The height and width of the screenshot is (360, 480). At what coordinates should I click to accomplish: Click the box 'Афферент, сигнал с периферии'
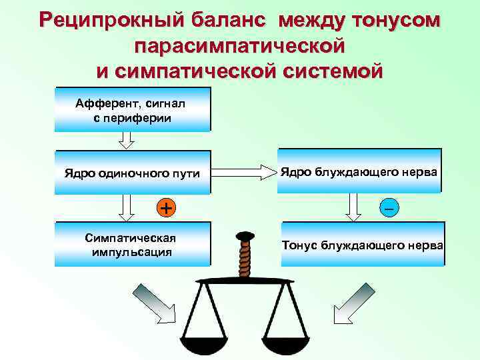pyautogui.click(x=132, y=110)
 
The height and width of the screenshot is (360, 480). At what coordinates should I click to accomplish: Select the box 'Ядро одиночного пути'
pyautogui.click(x=132, y=173)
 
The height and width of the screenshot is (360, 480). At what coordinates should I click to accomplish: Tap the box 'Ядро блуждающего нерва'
pyautogui.click(x=359, y=172)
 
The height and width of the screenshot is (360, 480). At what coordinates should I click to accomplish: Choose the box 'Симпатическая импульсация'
pyautogui.click(x=132, y=245)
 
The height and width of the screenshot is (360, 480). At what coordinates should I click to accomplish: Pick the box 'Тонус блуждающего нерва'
pyautogui.click(x=362, y=245)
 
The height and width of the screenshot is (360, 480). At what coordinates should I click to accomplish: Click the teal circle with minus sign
pyautogui.click(x=388, y=208)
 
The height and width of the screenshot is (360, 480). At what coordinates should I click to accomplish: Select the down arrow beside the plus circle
pyautogui.click(x=126, y=208)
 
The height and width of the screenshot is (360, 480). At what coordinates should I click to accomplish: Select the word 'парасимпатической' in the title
pyautogui.click(x=240, y=45)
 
